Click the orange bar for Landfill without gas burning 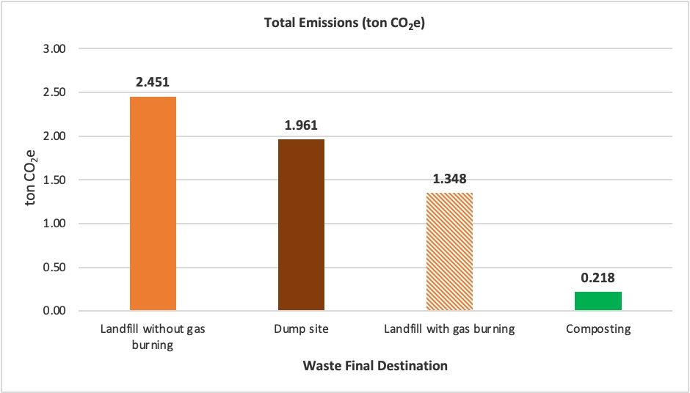click(153, 204)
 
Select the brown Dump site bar click(301, 224)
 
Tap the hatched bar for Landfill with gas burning click(449, 251)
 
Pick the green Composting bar click(598, 301)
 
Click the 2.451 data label click(153, 81)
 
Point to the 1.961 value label click(301, 125)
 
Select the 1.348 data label click(450, 178)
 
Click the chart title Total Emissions click(344, 23)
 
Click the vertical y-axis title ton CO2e click(32, 180)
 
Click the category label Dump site click(302, 329)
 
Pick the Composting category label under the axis click(598, 329)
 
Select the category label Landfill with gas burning click(449, 329)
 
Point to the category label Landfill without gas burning click(153, 337)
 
